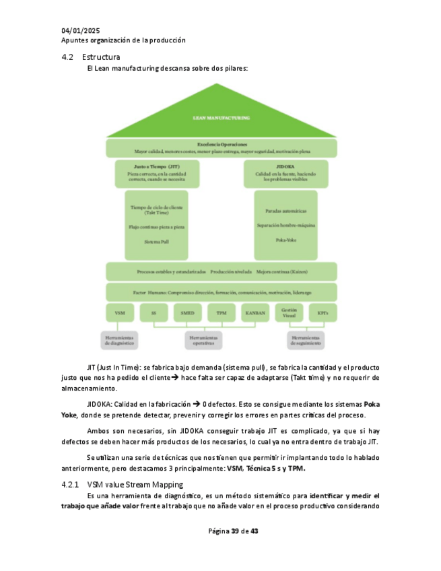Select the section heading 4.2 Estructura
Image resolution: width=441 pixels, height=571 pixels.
point(92,57)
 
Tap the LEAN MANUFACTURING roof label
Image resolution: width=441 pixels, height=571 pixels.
point(221,118)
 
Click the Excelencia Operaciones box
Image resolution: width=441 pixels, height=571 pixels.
point(221,147)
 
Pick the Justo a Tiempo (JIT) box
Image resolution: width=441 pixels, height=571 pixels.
point(156,173)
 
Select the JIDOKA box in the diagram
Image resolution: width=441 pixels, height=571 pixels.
point(285,173)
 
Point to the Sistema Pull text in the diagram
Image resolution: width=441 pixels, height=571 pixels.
point(156,241)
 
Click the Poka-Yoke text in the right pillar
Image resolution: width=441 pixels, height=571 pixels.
point(285,240)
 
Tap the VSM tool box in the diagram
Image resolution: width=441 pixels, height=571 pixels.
point(120,313)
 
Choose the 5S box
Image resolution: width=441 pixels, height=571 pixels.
point(154,313)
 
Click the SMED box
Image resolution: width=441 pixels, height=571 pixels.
point(187,313)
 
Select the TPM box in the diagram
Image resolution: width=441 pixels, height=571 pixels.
point(221,313)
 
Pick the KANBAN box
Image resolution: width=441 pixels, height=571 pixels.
point(255,313)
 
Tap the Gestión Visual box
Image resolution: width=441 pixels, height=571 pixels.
point(289,313)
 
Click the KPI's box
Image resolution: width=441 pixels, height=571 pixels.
point(323,313)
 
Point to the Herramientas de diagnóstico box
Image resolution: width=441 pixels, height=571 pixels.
point(120,340)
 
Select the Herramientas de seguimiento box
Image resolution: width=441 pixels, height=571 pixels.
point(305,340)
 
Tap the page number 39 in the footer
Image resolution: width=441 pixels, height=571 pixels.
point(235,531)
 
